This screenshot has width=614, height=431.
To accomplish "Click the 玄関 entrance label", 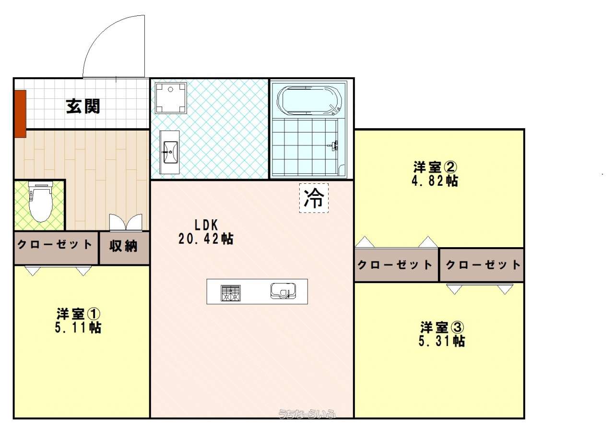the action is pyautogui.click(x=83, y=107).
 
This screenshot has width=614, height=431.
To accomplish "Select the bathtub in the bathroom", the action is pyautogui.click(x=309, y=100).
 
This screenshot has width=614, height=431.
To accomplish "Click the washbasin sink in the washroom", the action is pyautogui.click(x=170, y=152).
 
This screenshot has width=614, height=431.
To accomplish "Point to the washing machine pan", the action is pyautogui.click(x=171, y=98).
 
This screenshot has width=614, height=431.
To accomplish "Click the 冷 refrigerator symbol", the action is pyautogui.click(x=314, y=198).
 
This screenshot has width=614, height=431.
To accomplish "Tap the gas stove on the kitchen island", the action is pyautogui.click(x=231, y=293).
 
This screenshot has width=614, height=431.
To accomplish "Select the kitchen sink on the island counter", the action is pyautogui.click(x=283, y=291).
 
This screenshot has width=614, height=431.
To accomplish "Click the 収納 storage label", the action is pyautogui.click(x=123, y=246).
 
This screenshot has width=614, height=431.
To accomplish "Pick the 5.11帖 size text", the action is pyautogui.click(x=78, y=328).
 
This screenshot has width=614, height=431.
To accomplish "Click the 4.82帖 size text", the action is pyautogui.click(x=435, y=181).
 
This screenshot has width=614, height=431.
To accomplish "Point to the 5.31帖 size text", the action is pyautogui.click(x=442, y=341).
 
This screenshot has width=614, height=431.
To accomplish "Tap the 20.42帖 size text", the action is pyautogui.click(x=206, y=239).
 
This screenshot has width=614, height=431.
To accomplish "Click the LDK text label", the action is pyautogui.click(x=206, y=225).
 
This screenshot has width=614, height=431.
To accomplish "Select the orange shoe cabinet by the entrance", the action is pyautogui.click(x=20, y=114).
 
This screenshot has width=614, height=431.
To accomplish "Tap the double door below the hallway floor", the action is pyautogui.click(x=126, y=222).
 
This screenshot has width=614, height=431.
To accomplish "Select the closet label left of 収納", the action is pyautogui.click(x=55, y=244).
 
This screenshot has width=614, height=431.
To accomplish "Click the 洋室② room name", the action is pyautogui.click(x=435, y=167).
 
